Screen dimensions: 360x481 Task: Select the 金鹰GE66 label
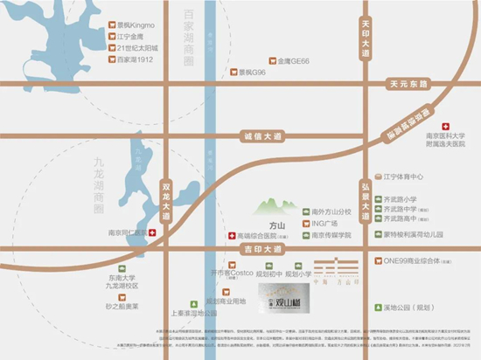[x=294, y=61]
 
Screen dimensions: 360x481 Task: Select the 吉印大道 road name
[x=261, y=250]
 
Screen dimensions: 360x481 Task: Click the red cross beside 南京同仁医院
[x=152, y=233]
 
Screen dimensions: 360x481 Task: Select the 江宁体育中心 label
[x=403, y=176]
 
